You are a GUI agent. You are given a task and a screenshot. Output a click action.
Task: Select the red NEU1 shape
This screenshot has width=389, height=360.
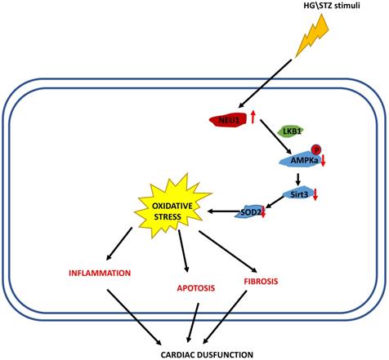point(229,121)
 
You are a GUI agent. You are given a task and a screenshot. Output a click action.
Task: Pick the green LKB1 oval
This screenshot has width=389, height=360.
point(289,131)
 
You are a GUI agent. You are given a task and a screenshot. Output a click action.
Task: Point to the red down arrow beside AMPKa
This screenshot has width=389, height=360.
point(324,160)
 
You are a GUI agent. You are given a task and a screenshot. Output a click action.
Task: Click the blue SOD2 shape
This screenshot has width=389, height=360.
point(249,211)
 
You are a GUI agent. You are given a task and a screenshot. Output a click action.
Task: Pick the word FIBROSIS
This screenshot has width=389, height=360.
point(261,281)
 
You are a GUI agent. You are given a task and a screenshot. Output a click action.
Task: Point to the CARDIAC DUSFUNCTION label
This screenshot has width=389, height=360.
point(195,353)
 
